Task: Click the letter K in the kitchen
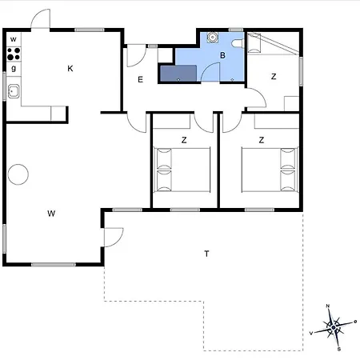pyautogui.click(x=70, y=70)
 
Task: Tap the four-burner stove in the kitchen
pyautogui.click(x=14, y=54)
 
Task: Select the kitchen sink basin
pyautogui.click(x=14, y=91)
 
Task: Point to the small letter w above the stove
pyautogui.click(x=14, y=39)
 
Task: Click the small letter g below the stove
pyautogui.click(x=14, y=69)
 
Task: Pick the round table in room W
pyautogui.click(x=18, y=174)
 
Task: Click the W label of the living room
pyautogui.click(x=50, y=213)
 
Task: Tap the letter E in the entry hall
pyautogui.click(x=140, y=79)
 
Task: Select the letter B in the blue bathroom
pyautogui.click(x=223, y=55)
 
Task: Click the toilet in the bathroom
pyautogui.click(x=238, y=42)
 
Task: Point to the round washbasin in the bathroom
pyautogui.click(x=212, y=37)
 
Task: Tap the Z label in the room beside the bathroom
pyautogui.click(x=274, y=76)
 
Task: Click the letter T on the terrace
pyautogui.click(x=206, y=254)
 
